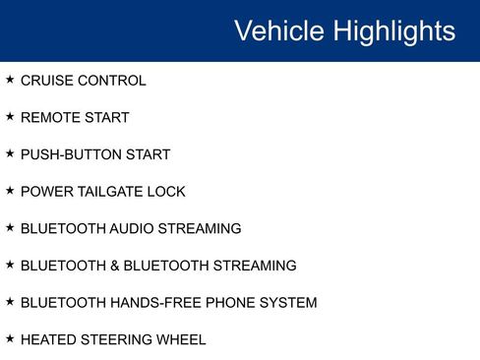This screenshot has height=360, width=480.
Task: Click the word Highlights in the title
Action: pos(393,30)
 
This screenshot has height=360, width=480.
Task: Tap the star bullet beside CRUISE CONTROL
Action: pos(10,80)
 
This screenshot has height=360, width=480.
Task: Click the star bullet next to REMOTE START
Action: pos(10,116)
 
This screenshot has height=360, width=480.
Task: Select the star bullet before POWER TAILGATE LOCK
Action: pos(10,190)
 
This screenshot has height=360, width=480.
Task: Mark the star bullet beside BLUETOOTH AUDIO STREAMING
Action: pos(10,227)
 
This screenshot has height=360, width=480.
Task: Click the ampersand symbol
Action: pos(110,266)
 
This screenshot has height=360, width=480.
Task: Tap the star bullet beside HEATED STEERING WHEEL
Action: pos(10,338)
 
